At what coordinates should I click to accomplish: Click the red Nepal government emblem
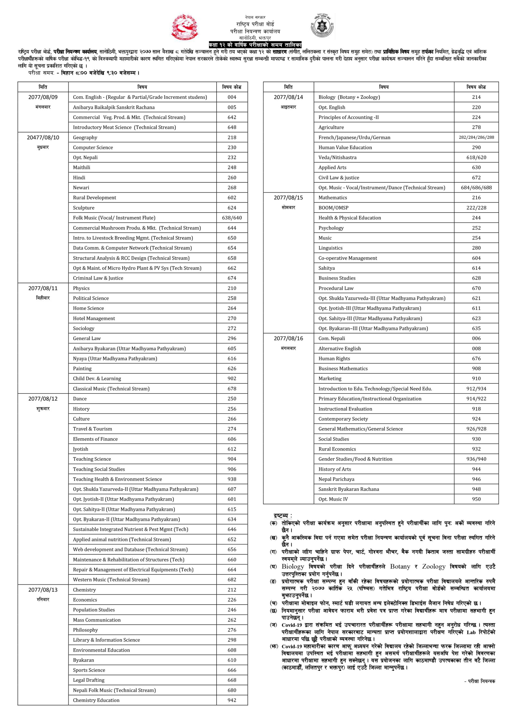point(185,27)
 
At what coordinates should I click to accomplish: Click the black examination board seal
point(322,26)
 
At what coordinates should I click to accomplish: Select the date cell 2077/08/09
point(43,97)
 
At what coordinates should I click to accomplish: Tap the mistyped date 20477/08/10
point(43,137)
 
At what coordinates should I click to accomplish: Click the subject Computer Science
point(93,147)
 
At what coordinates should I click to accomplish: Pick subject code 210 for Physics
point(232,288)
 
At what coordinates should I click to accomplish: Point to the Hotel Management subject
point(94,318)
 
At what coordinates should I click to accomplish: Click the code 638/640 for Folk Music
point(232,218)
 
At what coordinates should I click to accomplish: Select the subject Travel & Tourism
point(92,429)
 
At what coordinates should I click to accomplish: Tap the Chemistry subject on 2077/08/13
point(84,589)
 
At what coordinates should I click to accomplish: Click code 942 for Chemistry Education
point(232,700)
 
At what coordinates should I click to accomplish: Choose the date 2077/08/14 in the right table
point(288,97)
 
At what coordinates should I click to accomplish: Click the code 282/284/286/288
point(476,137)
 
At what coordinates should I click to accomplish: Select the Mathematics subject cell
point(333,197)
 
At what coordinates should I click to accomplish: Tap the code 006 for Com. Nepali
point(476,338)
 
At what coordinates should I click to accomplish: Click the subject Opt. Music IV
point(333,499)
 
